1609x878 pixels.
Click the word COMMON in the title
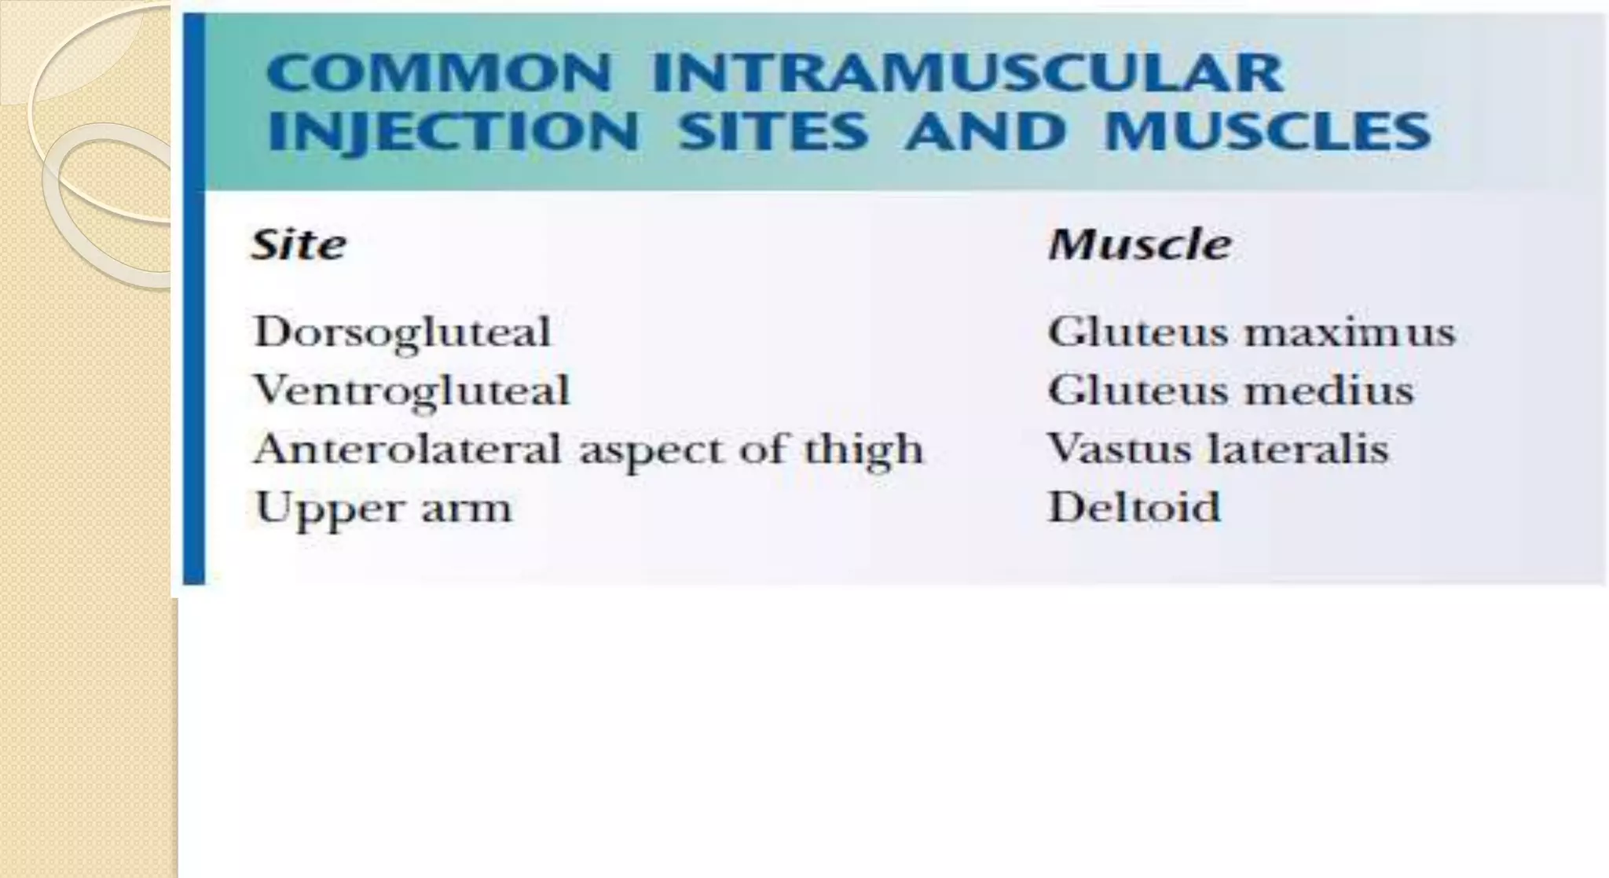coord(438,73)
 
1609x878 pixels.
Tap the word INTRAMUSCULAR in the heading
coord(967,73)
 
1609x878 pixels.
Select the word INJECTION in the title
coord(453,131)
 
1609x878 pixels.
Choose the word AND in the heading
coord(985,131)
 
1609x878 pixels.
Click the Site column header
coord(299,244)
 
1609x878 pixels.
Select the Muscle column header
coord(1139,244)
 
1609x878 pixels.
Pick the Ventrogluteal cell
coord(411,391)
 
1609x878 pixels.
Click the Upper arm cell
coord(383,509)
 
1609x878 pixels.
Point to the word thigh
coord(863,450)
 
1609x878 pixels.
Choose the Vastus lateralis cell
coord(1218,449)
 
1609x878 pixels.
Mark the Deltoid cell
coord(1134,507)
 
